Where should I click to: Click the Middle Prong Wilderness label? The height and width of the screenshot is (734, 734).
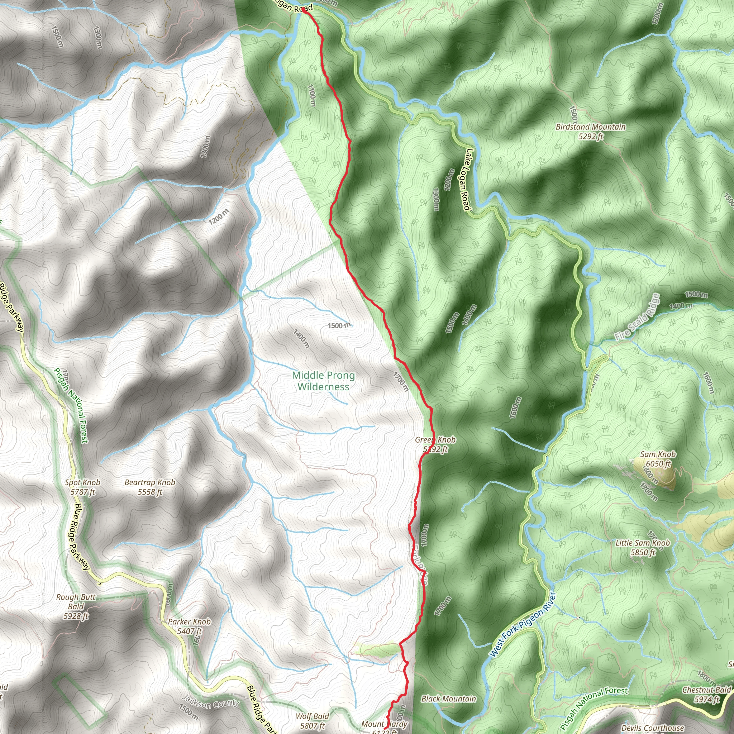click(x=323, y=381)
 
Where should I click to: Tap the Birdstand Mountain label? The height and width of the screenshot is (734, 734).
click(x=590, y=132)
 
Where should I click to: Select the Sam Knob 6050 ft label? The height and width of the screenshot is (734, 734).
click(x=658, y=459)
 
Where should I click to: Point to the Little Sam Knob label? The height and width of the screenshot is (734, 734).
click(x=643, y=548)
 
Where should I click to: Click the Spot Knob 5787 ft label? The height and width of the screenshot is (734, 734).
click(x=82, y=487)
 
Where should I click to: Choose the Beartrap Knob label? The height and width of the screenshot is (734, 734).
click(x=150, y=487)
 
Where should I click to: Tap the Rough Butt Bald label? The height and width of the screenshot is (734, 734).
click(x=76, y=606)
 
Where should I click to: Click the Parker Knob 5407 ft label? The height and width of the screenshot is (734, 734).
click(x=189, y=626)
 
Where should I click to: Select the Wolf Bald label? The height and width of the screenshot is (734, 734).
click(x=312, y=721)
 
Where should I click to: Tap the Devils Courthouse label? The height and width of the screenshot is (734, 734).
click(x=653, y=728)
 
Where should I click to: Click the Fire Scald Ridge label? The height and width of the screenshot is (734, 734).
click(x=637, y=317)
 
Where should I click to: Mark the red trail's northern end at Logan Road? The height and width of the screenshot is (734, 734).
click(x=304, y=11)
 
